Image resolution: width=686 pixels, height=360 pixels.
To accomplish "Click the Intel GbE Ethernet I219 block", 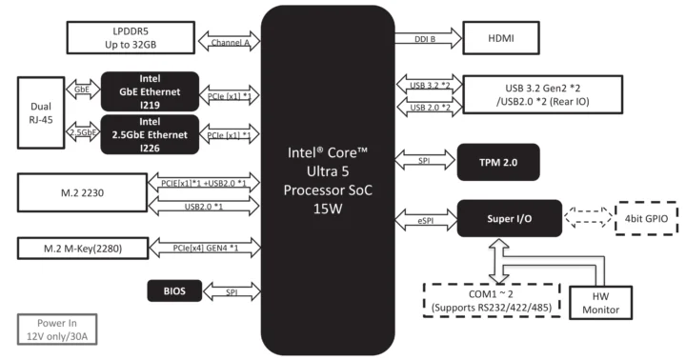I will [150, 90].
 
